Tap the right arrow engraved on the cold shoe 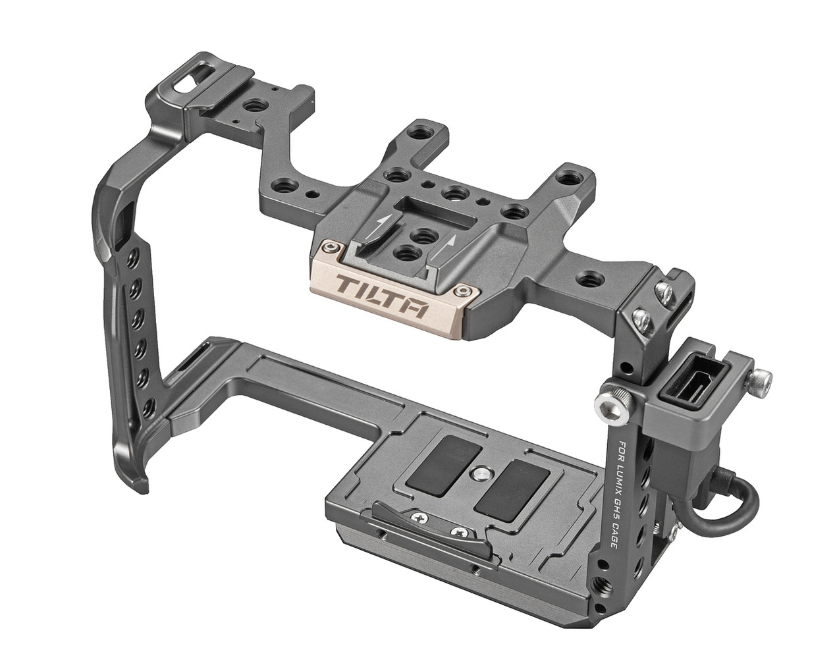[448, 247]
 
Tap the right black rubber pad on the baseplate [510, 490]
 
